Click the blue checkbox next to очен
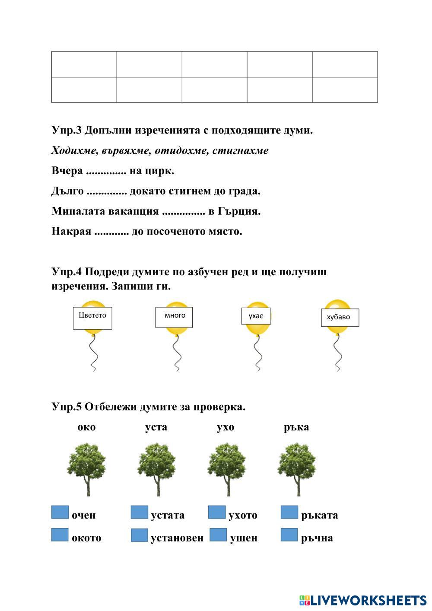(x=60, y=512)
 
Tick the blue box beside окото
(x=60, y=535)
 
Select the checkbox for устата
(x=139, y=512)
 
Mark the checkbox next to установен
(x=139, y=535)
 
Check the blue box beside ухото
(x=217, y=512)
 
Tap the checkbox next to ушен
(x=218, y=535)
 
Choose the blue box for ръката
(x=289, y=512)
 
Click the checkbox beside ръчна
(x=289, y=535)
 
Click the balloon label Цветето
(x=92, y=318)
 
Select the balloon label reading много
(x=174, y=317)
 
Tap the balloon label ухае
(x=256, y=316)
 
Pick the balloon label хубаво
(x=340, y=318)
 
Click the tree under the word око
(x=87, y=468)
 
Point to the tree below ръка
(x=297, y=468)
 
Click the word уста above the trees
(x=156, y=427)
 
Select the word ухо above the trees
(x=226, y=427)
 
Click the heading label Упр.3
(x=67, y=130)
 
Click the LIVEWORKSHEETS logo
(x=363, y=600)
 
